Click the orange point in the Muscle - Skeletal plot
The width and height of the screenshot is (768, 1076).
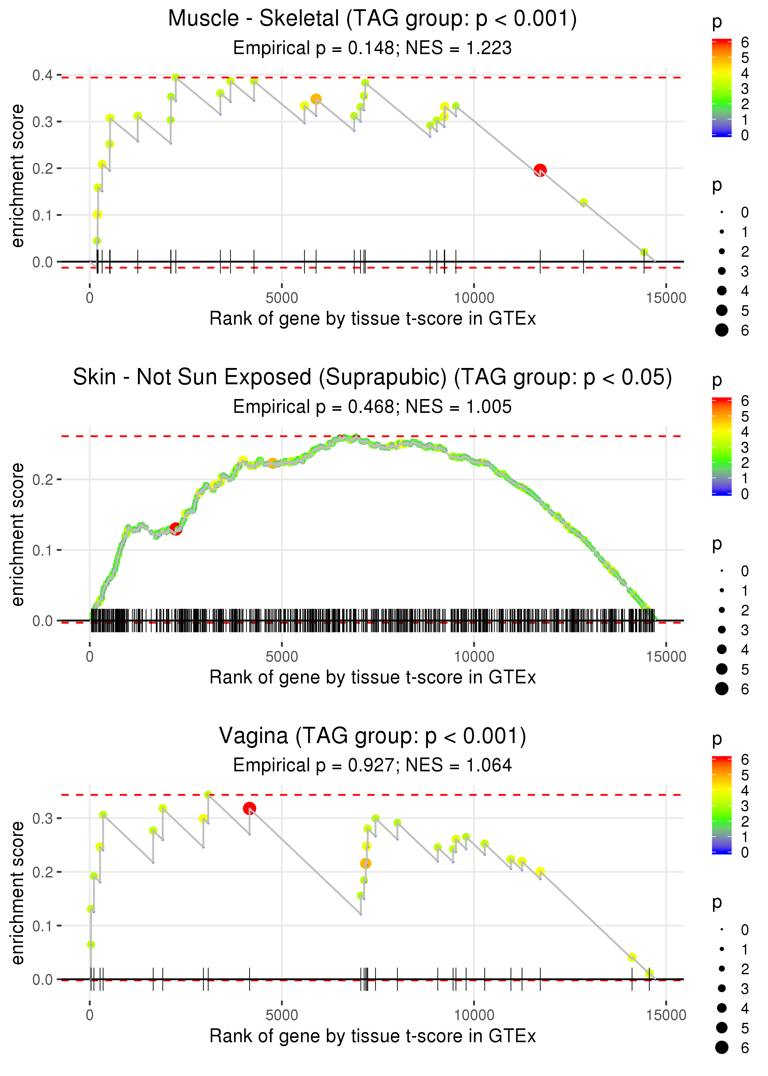[x=316, y=99]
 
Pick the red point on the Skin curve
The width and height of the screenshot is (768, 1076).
[x=175, y=528]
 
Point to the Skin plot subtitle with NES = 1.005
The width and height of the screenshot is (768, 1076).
[x=372, y=406]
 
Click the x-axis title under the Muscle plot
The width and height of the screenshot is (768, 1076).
[x=372, y=318]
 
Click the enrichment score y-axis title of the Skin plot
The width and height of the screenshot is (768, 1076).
[x=18, y=534]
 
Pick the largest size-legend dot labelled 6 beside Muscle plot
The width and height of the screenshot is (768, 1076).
[x=722, y=330]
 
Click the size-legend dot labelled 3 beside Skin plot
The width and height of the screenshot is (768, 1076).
[x=722, y=629]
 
